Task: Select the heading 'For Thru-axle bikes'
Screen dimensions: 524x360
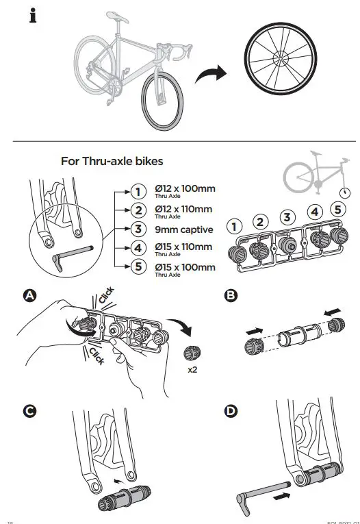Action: (112, 162)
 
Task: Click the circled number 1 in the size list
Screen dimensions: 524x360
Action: (138, 192)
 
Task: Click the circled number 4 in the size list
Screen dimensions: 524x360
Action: (138, 248)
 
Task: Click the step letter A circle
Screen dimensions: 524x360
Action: (29, 295)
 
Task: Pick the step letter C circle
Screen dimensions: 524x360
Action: (29, 411)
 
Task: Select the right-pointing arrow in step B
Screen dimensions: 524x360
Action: (254, 332)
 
